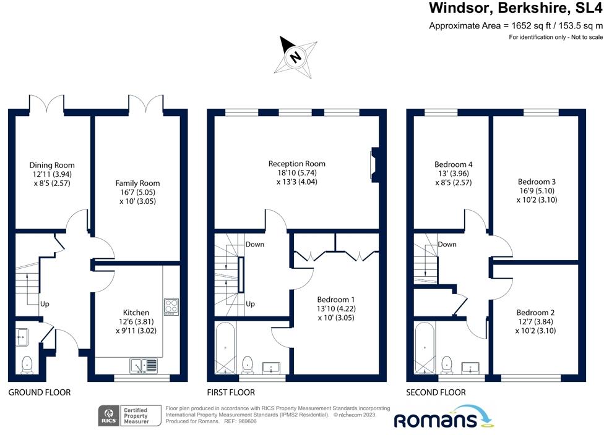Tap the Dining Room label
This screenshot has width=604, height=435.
[x=52, y=165]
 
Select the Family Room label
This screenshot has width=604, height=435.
[x=137, y=183]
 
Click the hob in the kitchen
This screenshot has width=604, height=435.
[x=171, y=307]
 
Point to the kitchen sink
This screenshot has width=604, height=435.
[x=144, y=365]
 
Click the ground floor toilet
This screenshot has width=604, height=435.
[x=27, y=365]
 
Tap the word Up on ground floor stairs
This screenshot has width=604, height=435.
[x=45, y=304]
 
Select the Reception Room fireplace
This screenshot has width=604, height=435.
[x=375, y=164]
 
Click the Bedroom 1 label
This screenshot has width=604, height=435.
[x=336, y=299]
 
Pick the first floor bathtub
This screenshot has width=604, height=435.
[x=225, y=348]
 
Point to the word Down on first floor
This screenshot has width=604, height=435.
[x=255, y=244]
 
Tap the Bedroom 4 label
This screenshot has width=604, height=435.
[x=454, y=164]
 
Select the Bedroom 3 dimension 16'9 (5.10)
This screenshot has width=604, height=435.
[x=537, y=191]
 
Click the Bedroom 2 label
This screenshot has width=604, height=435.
[x=535, y=312]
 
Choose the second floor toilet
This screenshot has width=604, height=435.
[x=446, y=365]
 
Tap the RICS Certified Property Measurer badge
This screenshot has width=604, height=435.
[x=129, y=416]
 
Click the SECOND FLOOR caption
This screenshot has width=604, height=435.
[x=436, y=392]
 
